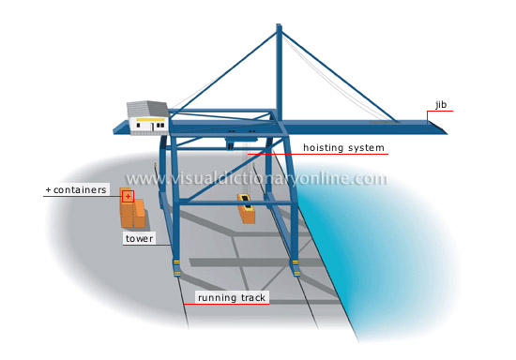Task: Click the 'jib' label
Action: pyautogui.click(x=441, y=103)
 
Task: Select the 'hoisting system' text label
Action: pyautogui.click(x=342, y=148)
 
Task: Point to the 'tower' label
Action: pyautogui.click(x=138, y=239)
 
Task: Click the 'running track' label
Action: pyautogui.click(x=232, y=298)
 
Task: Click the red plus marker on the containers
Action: pyautogui.click(x=128, y=196)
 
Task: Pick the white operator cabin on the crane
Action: pyautogui.click(x=150, y=123)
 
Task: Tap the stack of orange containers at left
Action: pyautogui.click(x=133, y=215)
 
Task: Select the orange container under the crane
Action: pyautogui.click(x=248, y=215)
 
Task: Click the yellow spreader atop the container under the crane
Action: pyautogui.click(x=246, y=201)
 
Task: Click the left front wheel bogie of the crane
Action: pyautogui.click(x=175, y=270)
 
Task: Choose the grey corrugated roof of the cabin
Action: pyautogui.click(x=147, y=108)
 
